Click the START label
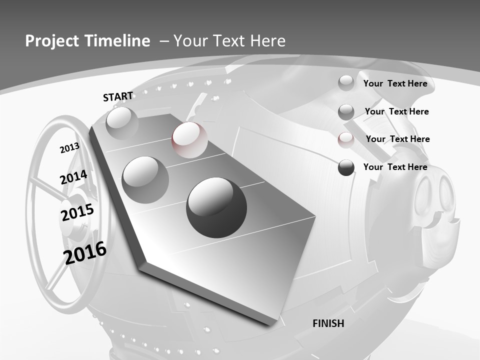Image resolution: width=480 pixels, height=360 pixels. (118, 96)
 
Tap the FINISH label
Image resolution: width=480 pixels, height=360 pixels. (328, 323)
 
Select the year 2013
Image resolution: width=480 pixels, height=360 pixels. (69, 148)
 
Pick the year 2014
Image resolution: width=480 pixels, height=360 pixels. (74, 177)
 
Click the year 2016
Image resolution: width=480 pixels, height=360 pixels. (85, 252)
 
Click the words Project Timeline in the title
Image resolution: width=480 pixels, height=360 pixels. (87, 41)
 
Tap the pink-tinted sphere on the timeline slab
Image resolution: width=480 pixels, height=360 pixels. (189, 140)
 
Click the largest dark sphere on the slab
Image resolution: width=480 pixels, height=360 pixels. (216, 207)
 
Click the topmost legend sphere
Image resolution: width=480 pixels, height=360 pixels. (346, 83)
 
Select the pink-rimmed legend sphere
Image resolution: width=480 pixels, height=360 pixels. (346, 139)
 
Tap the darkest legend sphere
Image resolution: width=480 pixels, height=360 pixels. (346, 167)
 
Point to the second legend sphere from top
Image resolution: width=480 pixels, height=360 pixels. (346, 111)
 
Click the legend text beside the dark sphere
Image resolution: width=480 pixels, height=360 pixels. (395, 167)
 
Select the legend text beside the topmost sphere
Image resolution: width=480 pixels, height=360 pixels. (395, 83)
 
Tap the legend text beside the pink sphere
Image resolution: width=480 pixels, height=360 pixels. (397, 139)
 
